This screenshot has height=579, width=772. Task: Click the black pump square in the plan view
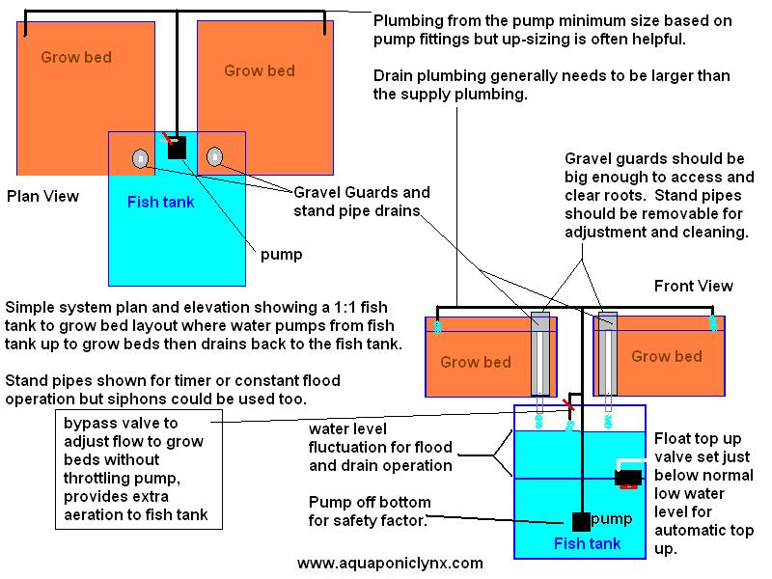click(176, 150)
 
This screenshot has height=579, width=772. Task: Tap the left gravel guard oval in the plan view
click(141, 158)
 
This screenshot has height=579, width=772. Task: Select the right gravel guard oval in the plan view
click(213, 157)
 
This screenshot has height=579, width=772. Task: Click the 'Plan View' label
click(42, 196)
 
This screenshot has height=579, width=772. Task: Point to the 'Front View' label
click(693, 286)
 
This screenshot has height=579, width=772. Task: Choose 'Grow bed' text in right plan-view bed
click(258, 70)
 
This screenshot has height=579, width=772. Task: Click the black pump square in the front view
click(581, 522)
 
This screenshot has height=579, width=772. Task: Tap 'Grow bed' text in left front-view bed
click(476, 363)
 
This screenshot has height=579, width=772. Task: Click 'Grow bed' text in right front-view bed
click(667, 357)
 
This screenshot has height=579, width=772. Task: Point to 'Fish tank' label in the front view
click(587, 544)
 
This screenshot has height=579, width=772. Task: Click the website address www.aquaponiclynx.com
click(390, 563)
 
